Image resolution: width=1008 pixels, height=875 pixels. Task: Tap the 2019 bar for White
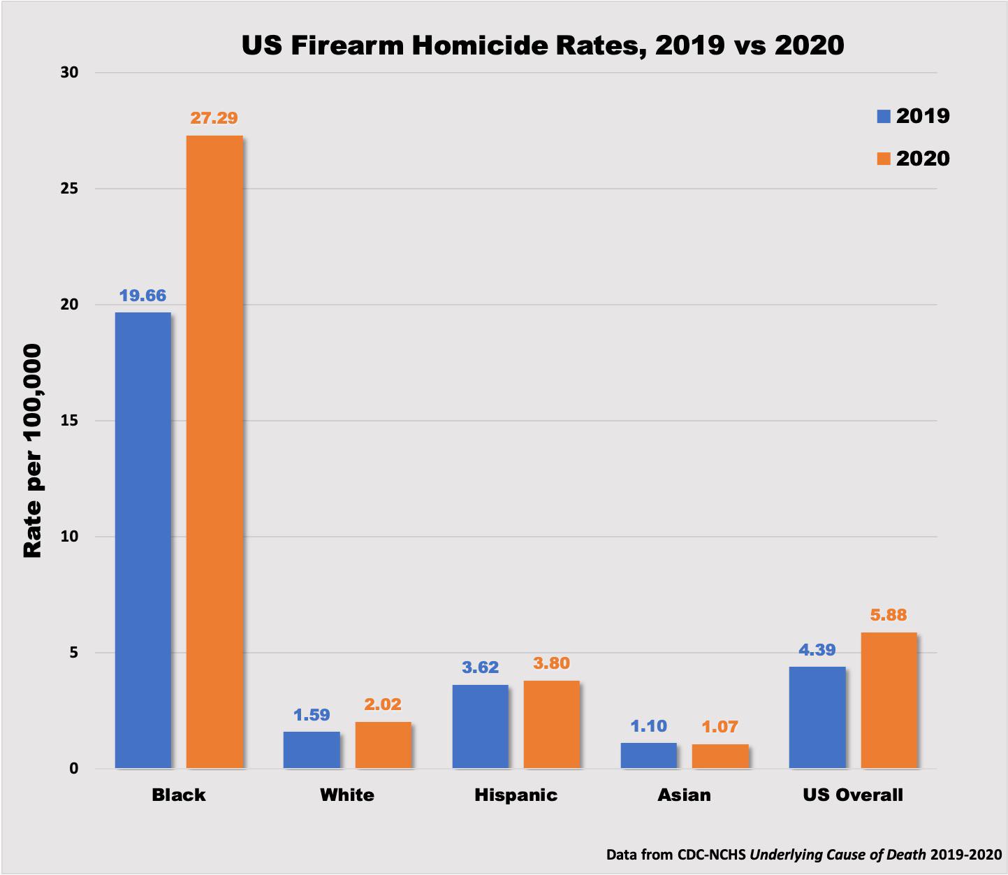(312, 750)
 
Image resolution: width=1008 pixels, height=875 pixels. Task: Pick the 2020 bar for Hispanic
(551, 724)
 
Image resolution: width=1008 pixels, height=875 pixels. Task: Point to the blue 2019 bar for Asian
(648, 755)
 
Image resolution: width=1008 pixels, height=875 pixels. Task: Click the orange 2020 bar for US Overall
(889, 700)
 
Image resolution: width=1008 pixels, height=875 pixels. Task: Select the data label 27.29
(214, 118)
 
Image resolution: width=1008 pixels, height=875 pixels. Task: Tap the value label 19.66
(143, 296)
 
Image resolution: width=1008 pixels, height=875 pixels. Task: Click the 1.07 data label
(720, 727)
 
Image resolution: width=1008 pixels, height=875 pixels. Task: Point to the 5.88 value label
(888, 615)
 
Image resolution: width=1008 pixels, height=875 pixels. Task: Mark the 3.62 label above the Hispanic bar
(480, 667)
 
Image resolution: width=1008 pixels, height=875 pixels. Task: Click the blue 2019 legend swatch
(884, 116)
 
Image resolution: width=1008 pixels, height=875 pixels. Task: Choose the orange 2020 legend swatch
(884, 159)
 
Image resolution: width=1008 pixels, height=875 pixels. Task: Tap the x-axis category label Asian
(684, 795)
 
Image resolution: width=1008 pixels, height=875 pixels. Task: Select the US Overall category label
(852, 795)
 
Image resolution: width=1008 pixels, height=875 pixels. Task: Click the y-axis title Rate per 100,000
(33, 451)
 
